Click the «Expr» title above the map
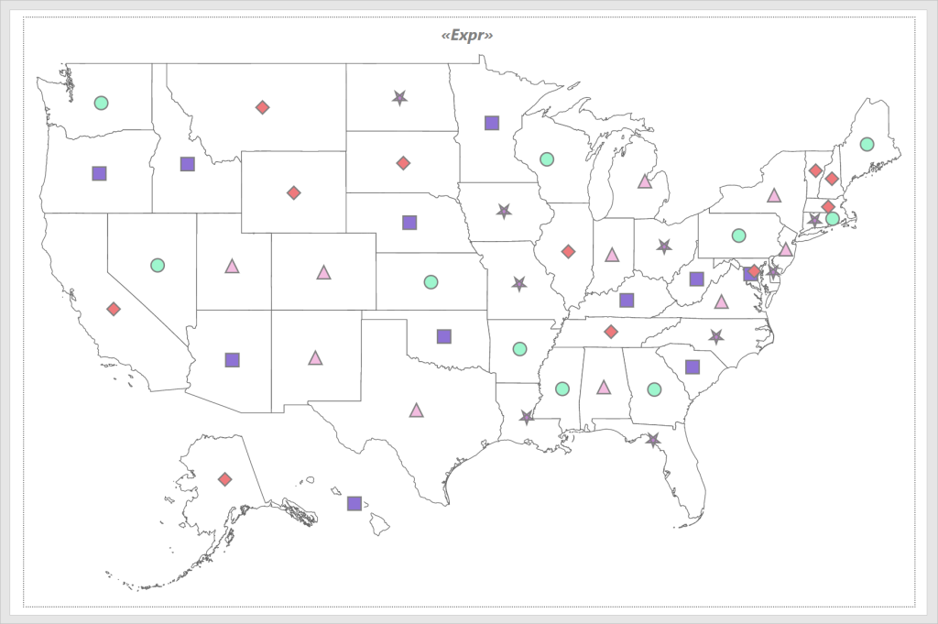click(467, 36)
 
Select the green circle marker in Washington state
click(102, 103)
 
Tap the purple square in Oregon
click(100, 173)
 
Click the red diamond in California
click(114, 310)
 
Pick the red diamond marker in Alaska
click(224, 479)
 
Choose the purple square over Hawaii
click(354, 503)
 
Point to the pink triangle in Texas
click(417, 411)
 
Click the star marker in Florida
click(652, 440)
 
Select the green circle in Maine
click(867, 144)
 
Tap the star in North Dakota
click(399, 97)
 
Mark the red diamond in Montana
click(263, 107)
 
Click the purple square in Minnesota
click(492, 123)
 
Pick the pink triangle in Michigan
click(644, 181)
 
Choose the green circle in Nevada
click(158, 265)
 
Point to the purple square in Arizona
click(233, 360)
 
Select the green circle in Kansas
click(431, 281)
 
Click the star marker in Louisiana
click(527, 417)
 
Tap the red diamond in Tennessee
click(611, 331)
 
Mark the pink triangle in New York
click(774, 195)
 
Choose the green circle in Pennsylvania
click(739, 235)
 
